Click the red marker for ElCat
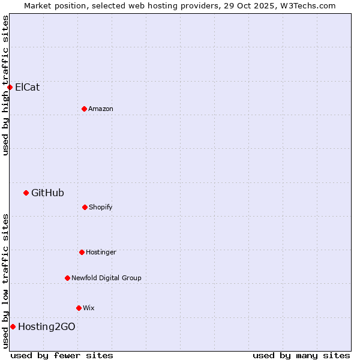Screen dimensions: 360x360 10,87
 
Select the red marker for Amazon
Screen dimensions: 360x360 84,109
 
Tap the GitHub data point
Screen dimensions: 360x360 26,193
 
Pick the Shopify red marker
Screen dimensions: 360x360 85,207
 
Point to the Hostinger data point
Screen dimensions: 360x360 82,252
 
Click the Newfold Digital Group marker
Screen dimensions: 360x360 67,278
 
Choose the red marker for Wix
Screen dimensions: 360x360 79,308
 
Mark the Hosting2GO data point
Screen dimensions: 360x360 13,326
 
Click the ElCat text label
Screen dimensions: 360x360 28,87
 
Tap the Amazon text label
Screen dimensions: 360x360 101,109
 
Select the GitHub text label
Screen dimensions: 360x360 47,193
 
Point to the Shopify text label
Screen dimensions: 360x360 101,207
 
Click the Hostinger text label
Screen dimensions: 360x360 101,252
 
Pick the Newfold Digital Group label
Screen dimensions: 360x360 106,278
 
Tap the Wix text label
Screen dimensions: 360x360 89,308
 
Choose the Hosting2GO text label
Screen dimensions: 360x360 47,326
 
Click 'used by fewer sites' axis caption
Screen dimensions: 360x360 62,355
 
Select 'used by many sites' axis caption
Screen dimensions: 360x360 301,355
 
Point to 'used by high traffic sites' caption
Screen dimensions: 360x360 5,85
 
